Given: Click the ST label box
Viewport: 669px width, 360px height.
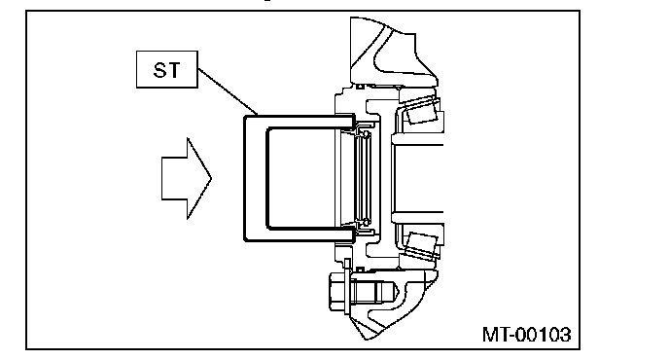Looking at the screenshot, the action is pyautogui.click(x=167, y=70).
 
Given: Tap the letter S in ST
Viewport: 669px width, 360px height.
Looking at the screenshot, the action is pyautogui.click(x=159, y=70).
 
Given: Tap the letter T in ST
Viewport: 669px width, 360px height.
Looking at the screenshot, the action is pyautogui.click(x=174, y=70).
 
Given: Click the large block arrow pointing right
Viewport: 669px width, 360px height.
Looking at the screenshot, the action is pyautogui.click(x=187, y=178).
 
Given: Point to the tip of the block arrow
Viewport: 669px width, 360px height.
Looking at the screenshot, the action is pyautogui.click(x=212, y=178).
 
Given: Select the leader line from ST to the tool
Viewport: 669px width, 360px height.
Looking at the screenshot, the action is pyautogui.click(x=228, y=91).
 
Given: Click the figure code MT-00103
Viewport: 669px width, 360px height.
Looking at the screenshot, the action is pyautogui.click(x=526, y=335).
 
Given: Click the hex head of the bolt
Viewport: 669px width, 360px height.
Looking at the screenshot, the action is pyautogui.click(x=336, y=292).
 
